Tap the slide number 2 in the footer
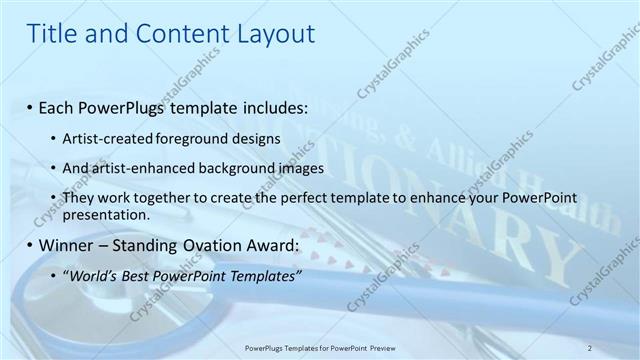point(590,347)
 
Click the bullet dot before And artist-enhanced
point(53,169)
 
